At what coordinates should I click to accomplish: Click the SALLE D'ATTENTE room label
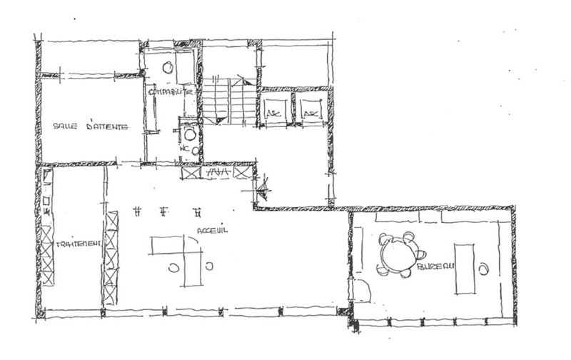[90, 127]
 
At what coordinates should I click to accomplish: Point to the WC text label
[184, 149]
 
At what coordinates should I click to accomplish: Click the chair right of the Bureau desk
[485, 269]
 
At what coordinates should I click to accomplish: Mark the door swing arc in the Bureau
[362, 291]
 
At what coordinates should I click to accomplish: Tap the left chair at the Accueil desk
[174, 267]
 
